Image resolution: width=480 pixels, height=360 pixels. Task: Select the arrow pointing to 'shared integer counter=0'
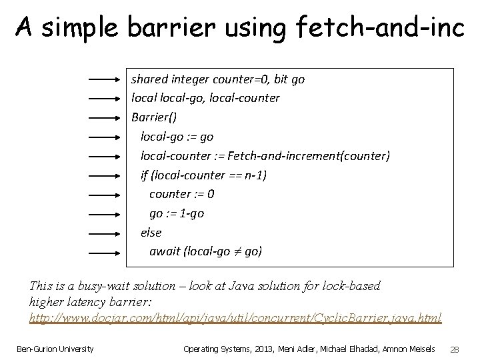coord(105,79)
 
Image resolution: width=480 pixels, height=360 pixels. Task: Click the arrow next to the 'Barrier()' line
coord(105,117)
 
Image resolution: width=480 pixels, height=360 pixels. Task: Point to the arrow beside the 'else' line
coord(105,233)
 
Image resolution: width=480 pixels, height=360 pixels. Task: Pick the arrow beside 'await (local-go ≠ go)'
coord(105,253)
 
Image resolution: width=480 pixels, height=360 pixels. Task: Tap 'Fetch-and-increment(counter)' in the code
coord(309,156)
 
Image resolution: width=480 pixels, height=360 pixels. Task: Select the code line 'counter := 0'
coord(181,195)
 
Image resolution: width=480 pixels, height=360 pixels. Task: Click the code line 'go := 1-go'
coord(177,214)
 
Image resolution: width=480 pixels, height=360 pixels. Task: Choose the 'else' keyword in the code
coord(151,233)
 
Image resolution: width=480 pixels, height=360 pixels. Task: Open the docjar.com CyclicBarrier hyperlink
coord(235,317)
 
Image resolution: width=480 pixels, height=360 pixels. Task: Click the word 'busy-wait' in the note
coord(105,286)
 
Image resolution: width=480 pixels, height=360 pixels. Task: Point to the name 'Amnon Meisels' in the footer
coord(411,349)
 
